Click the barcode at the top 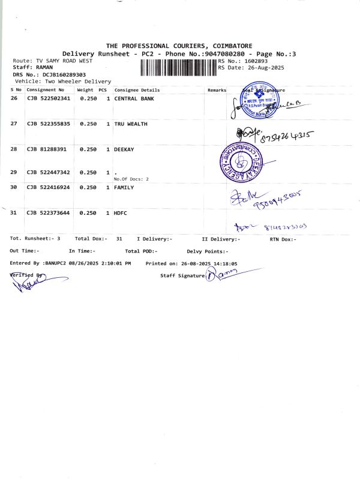pyautogui.click(x=178, y=68)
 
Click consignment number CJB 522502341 pyautogui.click(x=49, y=98)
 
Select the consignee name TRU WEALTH pyautogui.click(x=131, y=124)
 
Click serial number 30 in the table pyautogui.click(x=14, y=188)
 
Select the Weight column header pyautogui.click(x=85, y=90)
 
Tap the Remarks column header pyautogui.click(x=216, y=90)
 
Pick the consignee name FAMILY pyautogui.click(x=124, y=188)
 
